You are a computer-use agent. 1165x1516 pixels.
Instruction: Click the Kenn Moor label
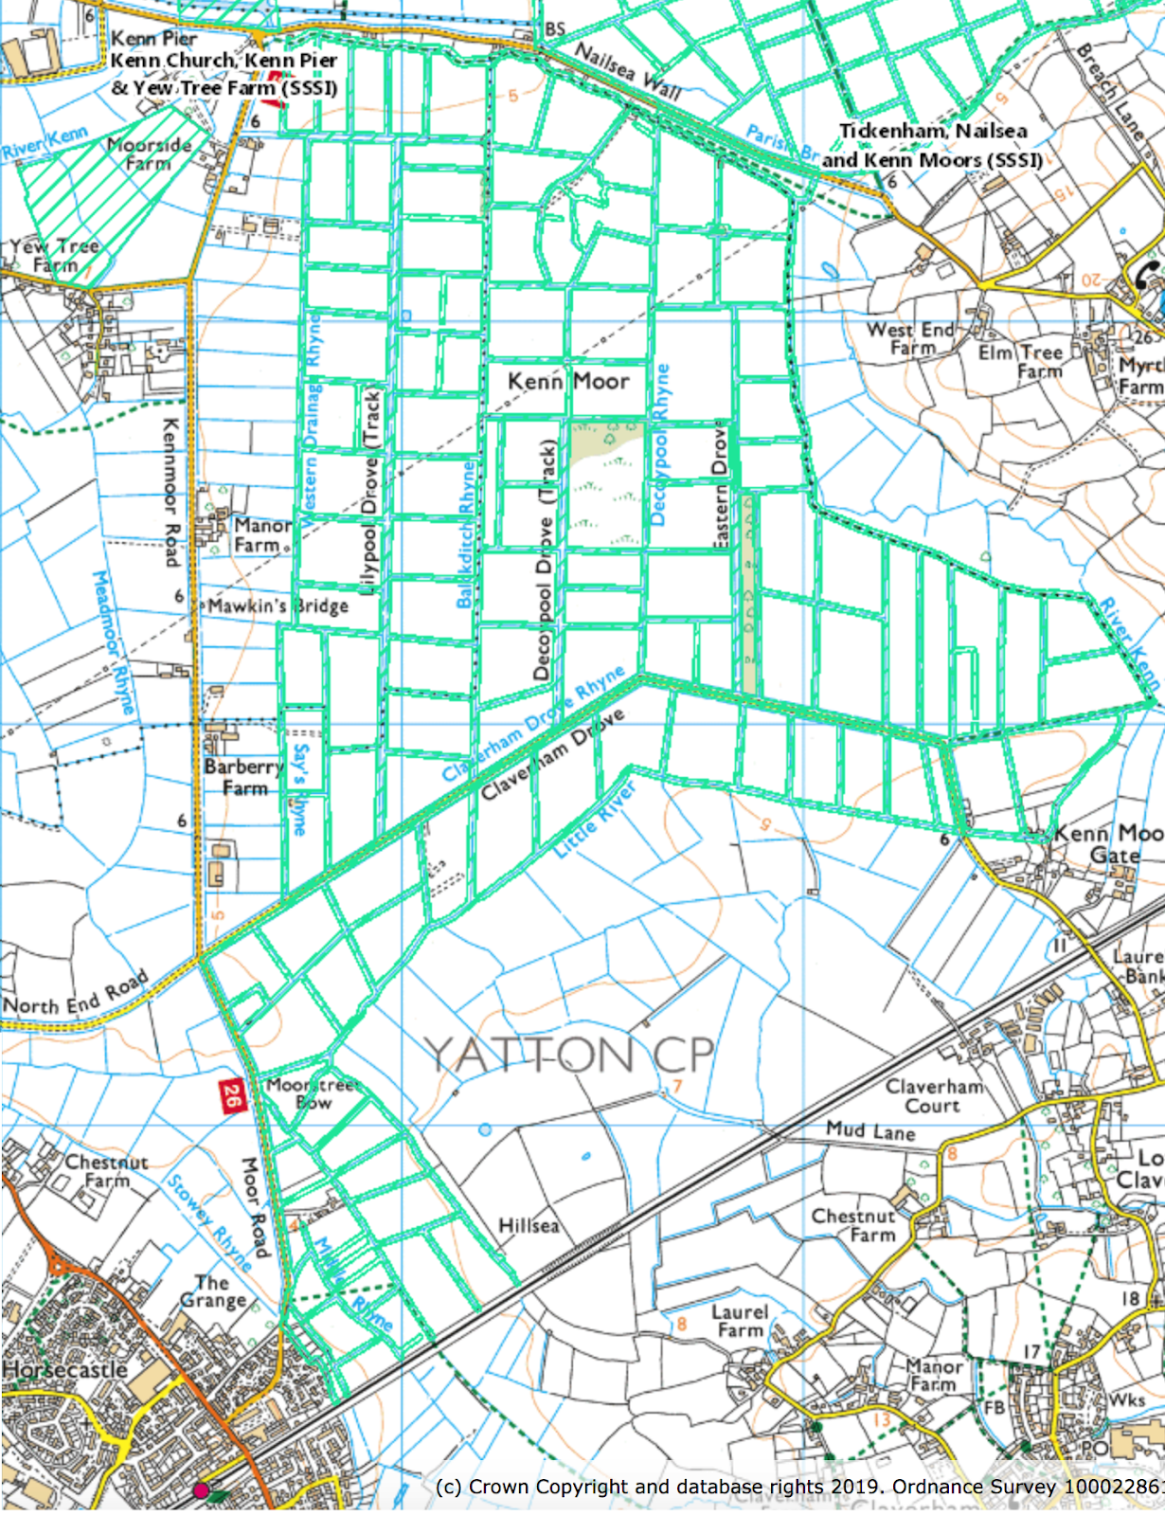coord(568,381)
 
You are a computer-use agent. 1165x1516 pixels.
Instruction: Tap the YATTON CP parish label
coord(568,1054)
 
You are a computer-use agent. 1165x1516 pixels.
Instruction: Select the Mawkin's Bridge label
coord(278,606)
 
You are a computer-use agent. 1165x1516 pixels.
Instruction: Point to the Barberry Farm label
coord(243,777)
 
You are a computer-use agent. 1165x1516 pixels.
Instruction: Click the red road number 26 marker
coord(231,1096)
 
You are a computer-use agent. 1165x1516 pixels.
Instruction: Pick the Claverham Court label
coord(934,1096)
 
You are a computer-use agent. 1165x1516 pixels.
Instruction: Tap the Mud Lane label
coord(870,1130)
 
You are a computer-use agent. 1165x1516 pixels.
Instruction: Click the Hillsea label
coord(529,1226)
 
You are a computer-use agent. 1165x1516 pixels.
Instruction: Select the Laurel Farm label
coord(740,1321)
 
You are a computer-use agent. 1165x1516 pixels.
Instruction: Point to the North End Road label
coord(76,992)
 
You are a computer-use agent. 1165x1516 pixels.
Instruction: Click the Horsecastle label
coord(64,1370)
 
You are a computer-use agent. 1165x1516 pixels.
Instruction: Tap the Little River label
coord(594,820)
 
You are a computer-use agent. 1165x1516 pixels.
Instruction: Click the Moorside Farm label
coord(149,153)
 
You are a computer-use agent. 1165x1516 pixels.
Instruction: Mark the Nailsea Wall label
coord(627,71)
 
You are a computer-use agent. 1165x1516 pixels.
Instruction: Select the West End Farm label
coord(911,338)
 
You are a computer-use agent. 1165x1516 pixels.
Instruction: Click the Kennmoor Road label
coord(171,493)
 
